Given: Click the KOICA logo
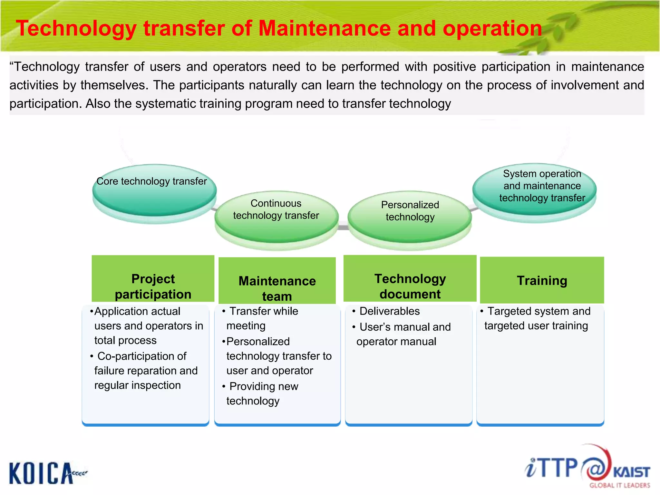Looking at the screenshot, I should (45, 473).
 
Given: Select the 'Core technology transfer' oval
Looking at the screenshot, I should (154, 191).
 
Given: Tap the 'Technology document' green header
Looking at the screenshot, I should (410, 279).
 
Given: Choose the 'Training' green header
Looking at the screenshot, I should (542, 280).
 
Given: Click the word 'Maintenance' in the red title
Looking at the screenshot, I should (325, 28).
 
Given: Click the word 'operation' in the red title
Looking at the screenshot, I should (492, 28).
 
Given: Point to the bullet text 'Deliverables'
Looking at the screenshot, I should (389, 311).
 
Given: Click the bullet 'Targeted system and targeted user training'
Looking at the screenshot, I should (536, 318).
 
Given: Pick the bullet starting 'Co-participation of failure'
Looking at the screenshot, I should (145, 371).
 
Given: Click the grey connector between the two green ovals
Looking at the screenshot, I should (343, 227).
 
